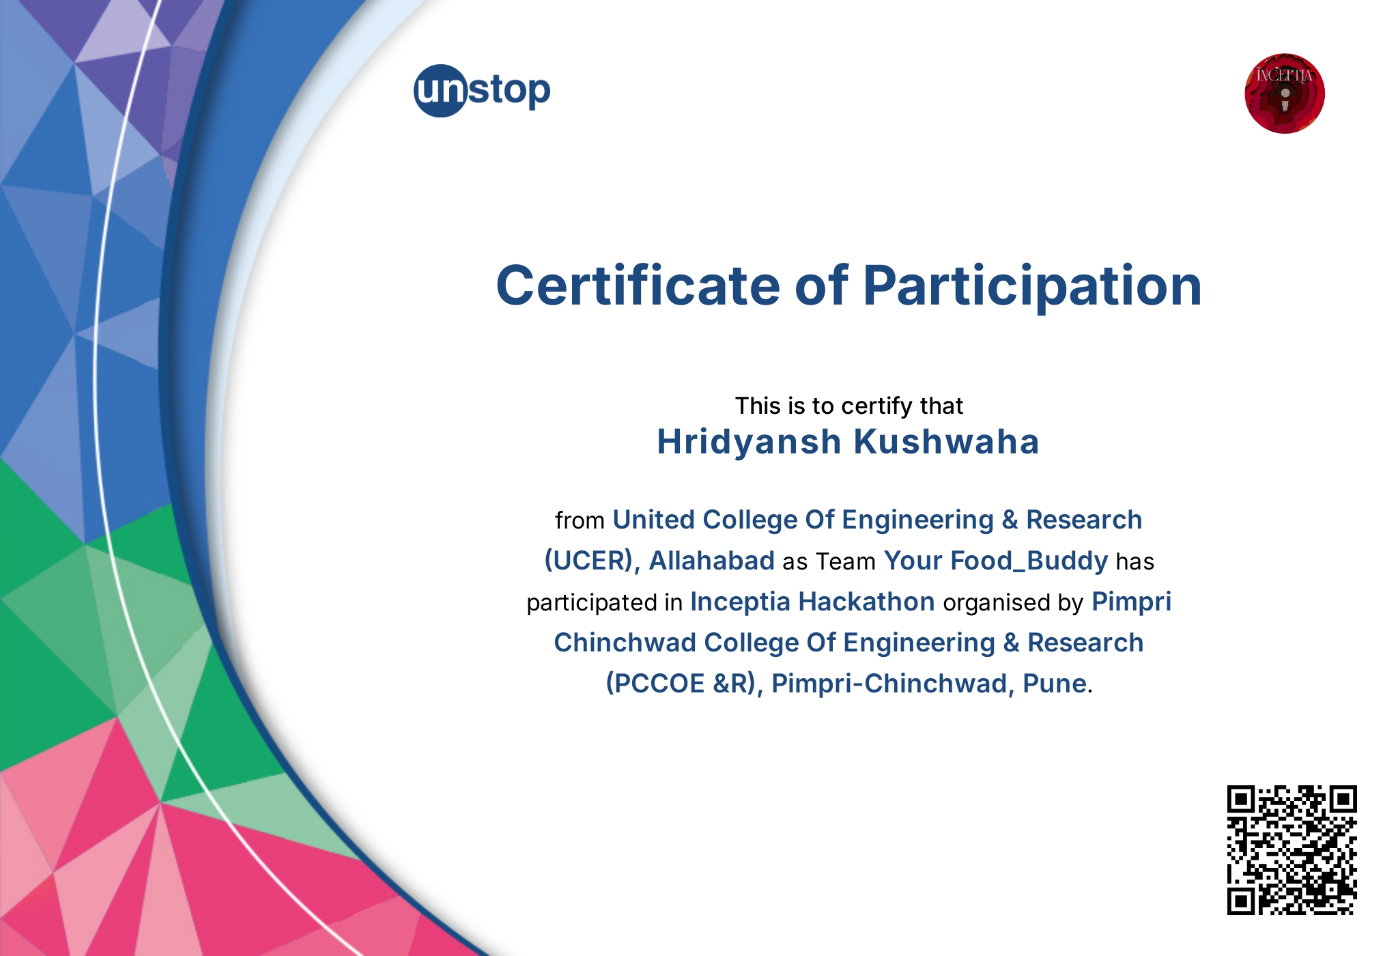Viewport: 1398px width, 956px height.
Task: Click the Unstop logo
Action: [482, 91]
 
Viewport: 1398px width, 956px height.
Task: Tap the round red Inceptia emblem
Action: [1284, 94]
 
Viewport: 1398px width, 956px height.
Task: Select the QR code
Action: [1292, 849]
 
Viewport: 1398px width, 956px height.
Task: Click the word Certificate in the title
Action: [638, 285]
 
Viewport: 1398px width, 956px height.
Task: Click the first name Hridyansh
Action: [749, 442]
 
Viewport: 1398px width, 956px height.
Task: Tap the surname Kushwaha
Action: [947, 442]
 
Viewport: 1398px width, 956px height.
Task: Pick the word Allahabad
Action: [711, 561]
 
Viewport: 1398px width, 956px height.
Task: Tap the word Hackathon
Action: [866, 602]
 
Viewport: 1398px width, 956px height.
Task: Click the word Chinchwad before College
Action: [625, 643]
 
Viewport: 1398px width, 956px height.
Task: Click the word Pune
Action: [1055, 684]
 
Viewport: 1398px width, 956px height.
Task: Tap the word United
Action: [653, 520]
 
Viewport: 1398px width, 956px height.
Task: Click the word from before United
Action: [580, 520]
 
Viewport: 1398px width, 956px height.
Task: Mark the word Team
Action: [846, 561]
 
